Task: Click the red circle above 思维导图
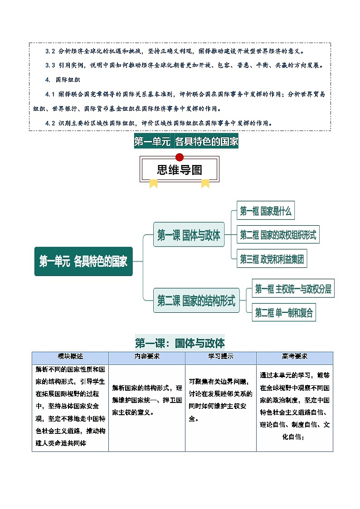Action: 180,157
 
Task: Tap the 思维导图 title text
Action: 180,170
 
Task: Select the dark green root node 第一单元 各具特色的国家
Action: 83,262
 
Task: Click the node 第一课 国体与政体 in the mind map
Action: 189,236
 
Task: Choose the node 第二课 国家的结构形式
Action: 196,301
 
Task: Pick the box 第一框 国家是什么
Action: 266,211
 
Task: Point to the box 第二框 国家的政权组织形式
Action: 278,235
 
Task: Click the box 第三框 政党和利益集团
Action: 272,259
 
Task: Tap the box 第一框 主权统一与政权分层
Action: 293,289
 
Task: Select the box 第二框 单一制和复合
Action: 284,313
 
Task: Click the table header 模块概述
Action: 70,357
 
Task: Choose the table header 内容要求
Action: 147,357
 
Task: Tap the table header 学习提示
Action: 221,357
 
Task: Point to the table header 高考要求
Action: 295,357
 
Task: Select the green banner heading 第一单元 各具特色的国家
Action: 186,141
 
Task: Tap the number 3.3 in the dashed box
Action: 50,65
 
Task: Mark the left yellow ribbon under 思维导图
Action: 154,183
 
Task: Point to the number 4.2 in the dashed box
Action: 50,123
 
